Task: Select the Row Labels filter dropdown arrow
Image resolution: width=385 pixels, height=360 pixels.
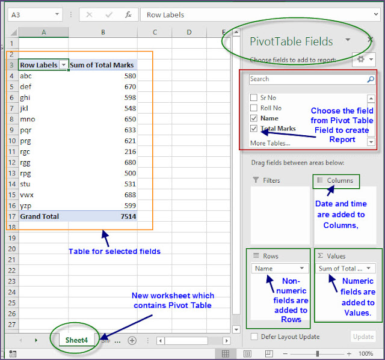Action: [x=63, y=65]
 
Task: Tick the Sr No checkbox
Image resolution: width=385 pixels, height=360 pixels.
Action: [x=254, y=97]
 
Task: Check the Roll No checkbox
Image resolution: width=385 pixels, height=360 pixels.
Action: [x=254, y=108]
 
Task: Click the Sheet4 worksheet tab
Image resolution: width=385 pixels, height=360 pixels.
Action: [x=76, y=340]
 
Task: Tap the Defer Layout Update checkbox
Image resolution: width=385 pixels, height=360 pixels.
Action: [x=254, y=337]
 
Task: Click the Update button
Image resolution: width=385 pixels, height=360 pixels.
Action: [x=362, y=337]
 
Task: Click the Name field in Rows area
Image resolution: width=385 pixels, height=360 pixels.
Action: [x=280, y=269]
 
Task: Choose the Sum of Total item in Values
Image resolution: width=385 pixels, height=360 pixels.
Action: [x=345, y=269]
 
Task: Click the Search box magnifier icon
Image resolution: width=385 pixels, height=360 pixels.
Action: [x=371, y=79]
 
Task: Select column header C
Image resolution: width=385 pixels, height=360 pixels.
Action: [x=155, y=32]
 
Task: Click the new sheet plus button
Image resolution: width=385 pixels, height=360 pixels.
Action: [x=132, y=340]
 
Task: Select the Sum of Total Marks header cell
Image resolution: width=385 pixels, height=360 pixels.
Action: [x=102, y=65]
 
